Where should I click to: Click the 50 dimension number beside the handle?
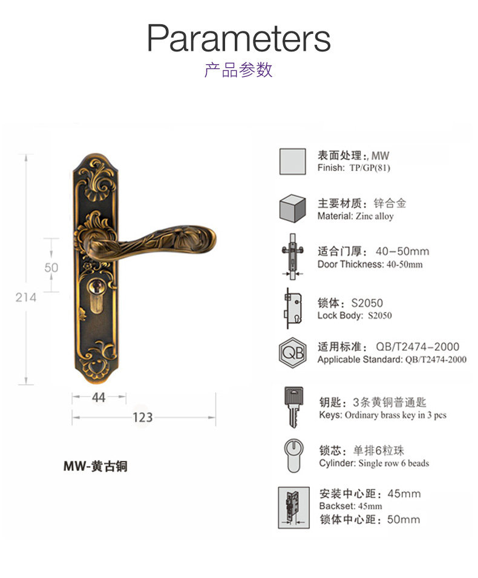(51, 267)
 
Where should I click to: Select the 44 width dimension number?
(99, 397)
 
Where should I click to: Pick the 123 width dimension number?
(143, 417)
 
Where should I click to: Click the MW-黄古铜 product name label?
(96, 467)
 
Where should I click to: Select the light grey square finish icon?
(292, 161)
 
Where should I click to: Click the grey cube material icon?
(292, 209)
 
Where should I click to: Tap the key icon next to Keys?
(292, 406)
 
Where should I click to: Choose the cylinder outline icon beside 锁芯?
(292, 455)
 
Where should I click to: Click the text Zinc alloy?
(375, 216)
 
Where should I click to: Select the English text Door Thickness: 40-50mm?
(370, 264)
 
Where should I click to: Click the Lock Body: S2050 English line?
(355, 315)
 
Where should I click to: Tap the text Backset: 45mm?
(350, 506)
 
